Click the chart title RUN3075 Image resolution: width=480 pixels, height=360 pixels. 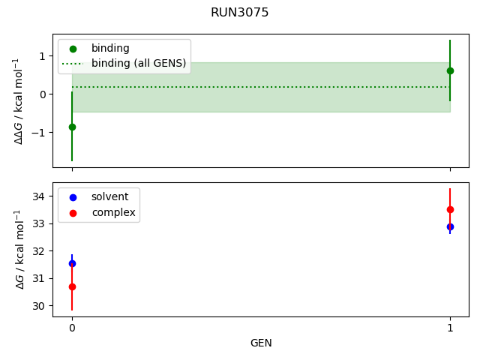click(x=240, y=13)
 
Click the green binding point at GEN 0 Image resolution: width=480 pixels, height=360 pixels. click(x=72, y=127)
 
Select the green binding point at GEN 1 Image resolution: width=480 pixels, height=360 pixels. click(x=450, y=70)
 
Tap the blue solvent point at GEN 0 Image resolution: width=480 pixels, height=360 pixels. click(x=72, y=263)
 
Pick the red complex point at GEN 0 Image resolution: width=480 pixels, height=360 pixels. click(x=72, y=286)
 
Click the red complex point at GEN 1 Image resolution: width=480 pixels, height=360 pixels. click(x=450, y=210)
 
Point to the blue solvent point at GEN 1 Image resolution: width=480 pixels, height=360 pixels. click(x=450, y=226)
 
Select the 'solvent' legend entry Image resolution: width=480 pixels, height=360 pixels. click(x=109, y=196)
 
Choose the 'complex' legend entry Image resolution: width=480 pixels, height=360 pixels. click(x=113, y=212)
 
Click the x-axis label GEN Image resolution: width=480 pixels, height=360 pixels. click(x=261, y=343)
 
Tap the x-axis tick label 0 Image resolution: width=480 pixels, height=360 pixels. click(x=72, y=328)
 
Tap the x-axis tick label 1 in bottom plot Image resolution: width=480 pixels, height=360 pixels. click(x=450, y=328)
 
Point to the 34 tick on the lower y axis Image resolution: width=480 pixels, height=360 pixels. click(x=38, y=196)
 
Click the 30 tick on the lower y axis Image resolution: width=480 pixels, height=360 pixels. click(x=38, y=306)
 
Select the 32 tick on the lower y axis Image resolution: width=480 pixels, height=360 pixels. click(x=38, y=251)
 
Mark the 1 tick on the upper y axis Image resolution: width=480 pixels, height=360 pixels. click(x=43, y=55)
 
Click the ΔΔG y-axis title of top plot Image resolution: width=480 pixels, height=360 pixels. click(x=19, y=100)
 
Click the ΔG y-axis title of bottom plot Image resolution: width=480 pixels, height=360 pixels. click(x=19, y=249)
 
